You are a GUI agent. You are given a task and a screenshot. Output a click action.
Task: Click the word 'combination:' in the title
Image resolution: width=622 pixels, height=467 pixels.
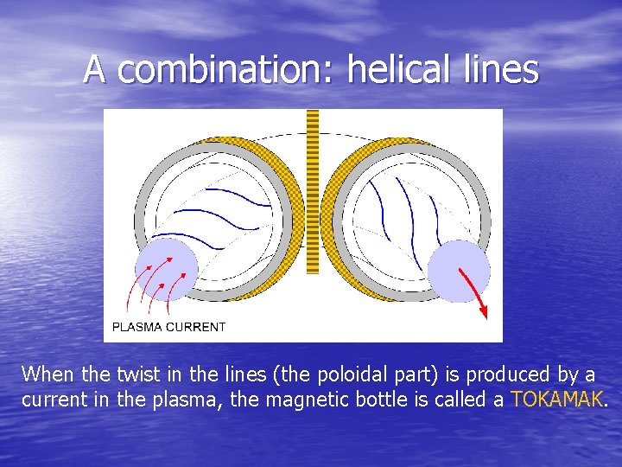click(227, 69)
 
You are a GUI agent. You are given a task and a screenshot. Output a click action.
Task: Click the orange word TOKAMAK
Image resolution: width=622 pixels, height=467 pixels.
click(558, 400)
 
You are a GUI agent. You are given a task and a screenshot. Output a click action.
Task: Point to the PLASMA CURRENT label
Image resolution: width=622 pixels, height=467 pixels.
click(169, 327)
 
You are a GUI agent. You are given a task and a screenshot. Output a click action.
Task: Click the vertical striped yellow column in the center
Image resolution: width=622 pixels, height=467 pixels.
click(312, 190)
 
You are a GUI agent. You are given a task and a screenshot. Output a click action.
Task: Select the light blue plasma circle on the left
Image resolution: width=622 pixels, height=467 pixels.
click(167, 269)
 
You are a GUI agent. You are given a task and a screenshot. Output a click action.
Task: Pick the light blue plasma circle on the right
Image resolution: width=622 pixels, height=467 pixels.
click(459, 271)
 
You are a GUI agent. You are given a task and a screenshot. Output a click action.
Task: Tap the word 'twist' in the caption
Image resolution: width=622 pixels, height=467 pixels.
click(137, 374)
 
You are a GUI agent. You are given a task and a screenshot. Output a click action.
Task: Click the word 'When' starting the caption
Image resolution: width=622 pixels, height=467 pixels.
click(48, 374)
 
